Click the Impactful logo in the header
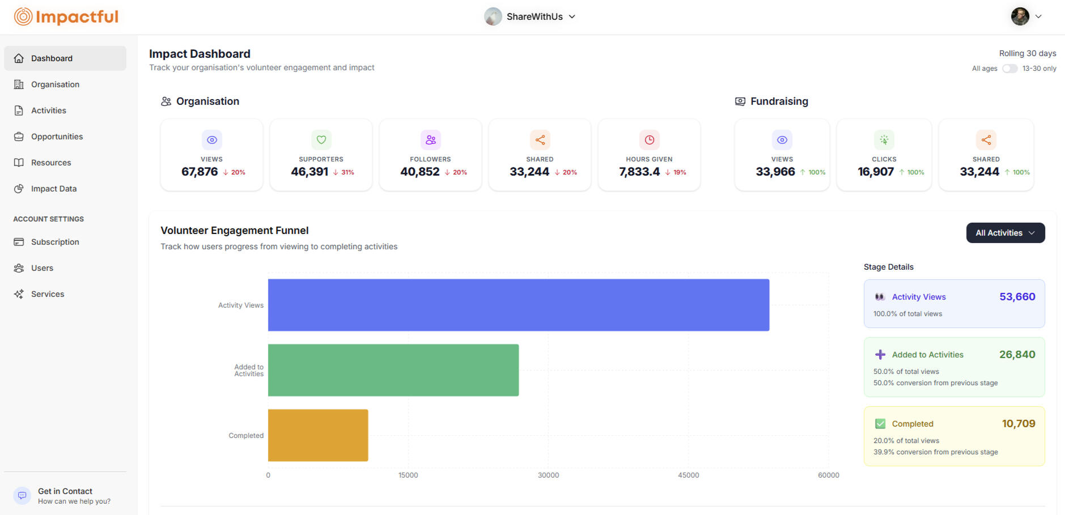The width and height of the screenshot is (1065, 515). (66, 17)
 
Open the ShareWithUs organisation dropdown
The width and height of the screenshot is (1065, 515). (530, 17)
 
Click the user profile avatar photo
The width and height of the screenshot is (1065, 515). (1020, 16)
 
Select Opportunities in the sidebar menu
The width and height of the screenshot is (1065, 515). (57, 137)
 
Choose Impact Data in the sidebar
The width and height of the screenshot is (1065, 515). (53, 189)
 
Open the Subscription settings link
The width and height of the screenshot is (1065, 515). (55, 242)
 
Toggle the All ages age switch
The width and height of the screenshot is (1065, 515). (1009, 69)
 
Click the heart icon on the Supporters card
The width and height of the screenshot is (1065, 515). (321, 140)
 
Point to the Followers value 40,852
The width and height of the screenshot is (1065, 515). (420, 172)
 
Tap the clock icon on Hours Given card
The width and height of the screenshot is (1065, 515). (650, 140)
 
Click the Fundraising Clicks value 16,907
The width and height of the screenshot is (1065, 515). (876, 172)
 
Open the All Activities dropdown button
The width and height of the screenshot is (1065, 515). (1005, 233)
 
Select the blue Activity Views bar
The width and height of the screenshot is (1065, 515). (518, 305)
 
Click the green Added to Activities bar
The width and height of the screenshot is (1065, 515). (393, 370)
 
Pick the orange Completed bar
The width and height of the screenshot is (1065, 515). (318, 435)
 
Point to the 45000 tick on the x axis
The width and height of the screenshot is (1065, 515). (688, 475)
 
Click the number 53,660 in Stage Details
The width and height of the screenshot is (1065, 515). (1017, 297)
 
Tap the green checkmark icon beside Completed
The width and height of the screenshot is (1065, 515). (880, 424)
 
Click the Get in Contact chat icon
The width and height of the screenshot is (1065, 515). (22, 496)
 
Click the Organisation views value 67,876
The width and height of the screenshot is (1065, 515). (200, 172)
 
